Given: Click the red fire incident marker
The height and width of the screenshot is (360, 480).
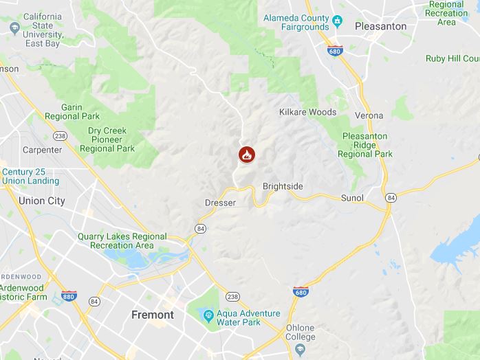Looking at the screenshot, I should pyautogui.click(x=247, y=155).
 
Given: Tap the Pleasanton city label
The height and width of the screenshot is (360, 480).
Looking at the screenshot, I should pyautogui.click(x=380, y=26).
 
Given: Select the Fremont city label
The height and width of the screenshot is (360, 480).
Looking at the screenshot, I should pyautogui.click(x=153, y=315).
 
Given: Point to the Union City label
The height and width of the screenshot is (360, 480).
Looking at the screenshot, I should pyautogui.click(x=42, y=201).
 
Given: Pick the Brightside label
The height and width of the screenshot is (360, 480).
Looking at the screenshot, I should pyautogui.click(x=283, y=186).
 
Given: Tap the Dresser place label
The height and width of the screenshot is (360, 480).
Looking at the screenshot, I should pyautogui.click(x=221, y=203).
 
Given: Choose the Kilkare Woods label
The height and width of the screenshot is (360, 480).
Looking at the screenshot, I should pyautogui.click(x=307, y=112).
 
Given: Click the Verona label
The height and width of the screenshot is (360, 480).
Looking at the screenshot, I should pyautogui.click(x=369, y=115).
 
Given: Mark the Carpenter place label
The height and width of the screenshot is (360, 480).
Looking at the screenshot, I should pyautogui.click(x=42, y=150).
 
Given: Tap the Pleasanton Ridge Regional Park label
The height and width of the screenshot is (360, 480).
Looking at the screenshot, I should pyautogui.click(x=367, y=144).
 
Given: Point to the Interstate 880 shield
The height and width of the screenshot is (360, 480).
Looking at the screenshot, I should pyautogui.click(x=69, y=295).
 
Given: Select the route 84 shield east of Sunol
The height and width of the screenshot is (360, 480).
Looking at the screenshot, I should pyautogui.click(x=391, y=198).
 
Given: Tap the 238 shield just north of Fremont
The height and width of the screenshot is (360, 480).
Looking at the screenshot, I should pyautogui.click(x=233, y=297).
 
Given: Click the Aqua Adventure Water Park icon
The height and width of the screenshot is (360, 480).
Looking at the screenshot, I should pyautogui.click(x=208, y=315).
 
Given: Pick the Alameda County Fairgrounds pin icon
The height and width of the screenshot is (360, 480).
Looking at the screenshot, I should pyautogui.click(x=338, y=21).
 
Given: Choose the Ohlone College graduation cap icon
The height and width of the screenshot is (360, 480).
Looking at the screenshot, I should pyautogui.click(x=300, y=350).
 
